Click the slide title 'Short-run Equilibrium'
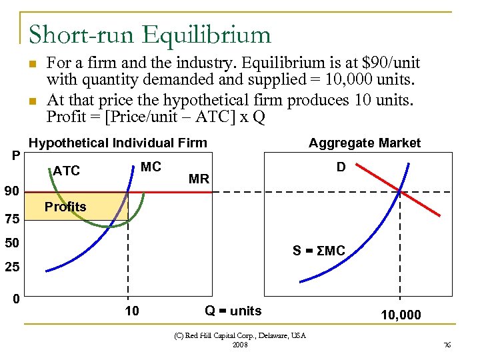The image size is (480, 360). point(150,35)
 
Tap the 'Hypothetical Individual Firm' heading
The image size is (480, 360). point(118,143)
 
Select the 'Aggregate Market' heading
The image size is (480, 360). point(364,143)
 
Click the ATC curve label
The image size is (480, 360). point(66,171)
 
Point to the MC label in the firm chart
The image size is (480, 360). point(151,167)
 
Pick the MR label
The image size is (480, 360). point(199,179)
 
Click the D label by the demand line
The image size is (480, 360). point(341,167)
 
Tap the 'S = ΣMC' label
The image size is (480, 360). point(319,251)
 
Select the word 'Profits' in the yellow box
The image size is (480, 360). point(65,207)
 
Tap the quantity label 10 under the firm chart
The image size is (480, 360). point(132,311)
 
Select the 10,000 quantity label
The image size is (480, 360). point(401,315)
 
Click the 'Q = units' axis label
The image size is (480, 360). point(233,311)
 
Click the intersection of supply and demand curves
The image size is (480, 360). point(400,192)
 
